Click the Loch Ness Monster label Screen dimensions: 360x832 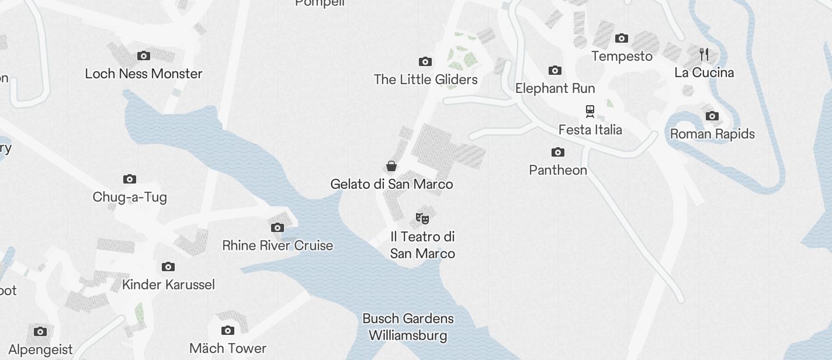[144, 74]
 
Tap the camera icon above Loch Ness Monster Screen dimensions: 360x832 [144, 56]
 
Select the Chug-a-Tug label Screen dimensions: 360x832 [130, 197]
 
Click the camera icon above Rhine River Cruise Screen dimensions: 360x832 [278, 227]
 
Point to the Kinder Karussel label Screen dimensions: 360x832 [168, 285]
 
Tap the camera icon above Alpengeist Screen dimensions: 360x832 [40, 332]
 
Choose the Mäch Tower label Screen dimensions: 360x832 [228, 348]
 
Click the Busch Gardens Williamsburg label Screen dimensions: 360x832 [408, 327]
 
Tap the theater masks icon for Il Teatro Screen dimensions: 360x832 [422, 219]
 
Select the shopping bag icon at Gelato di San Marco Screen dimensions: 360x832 [391, 166]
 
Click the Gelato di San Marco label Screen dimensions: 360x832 [391, 184]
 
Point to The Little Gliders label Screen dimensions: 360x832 [425, 79]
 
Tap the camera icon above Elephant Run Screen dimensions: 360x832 [555, 71]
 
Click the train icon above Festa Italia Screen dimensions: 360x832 [590, 111]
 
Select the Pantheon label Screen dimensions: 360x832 [558, 170]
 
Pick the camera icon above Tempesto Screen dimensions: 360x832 [622, 39]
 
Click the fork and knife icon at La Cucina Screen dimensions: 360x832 [704, 54]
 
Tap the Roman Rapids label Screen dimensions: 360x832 [712, 134]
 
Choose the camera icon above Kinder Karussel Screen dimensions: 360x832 [168, 267]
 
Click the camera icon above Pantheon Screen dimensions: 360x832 [558, 153]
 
